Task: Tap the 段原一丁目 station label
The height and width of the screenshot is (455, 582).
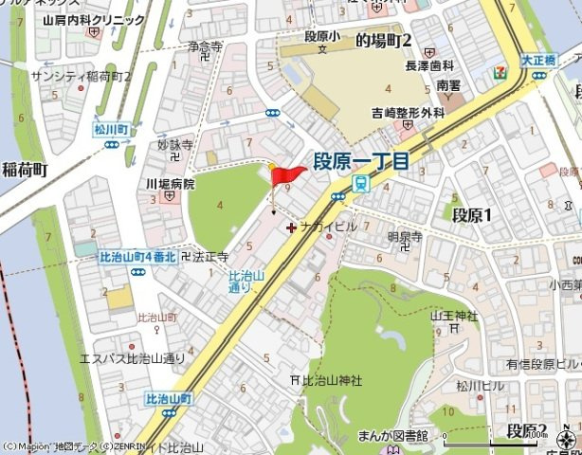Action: pos(361,162)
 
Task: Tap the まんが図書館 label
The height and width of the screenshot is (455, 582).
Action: pos(392,435)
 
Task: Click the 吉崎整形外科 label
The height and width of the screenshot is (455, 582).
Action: pos(408,112)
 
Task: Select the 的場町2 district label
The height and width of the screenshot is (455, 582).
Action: pos(383,41)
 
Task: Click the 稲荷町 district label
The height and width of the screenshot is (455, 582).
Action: pos(24,171)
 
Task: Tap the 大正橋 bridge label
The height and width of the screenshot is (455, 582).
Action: pos(537,58)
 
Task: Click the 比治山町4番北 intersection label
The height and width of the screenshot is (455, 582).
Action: pos(137,257)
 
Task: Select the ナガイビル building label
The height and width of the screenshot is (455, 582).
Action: pos(327,227)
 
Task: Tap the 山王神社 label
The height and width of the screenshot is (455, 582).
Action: pos(454,316)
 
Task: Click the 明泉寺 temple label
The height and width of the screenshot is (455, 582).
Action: pos(405,238)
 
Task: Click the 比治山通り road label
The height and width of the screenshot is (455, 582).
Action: pos(241,281)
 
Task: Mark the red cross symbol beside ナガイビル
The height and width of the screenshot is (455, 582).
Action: pos(290,227)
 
